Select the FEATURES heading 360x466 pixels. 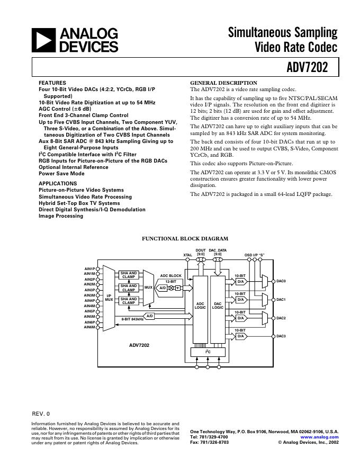(52, 83)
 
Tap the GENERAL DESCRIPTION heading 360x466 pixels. (223, 83)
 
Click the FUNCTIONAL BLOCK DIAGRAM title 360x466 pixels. (185, 239)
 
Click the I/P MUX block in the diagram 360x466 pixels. (109, 298)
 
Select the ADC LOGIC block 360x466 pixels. (200, 306)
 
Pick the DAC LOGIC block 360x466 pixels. (218, 306)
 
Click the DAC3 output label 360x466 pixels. (281, 336)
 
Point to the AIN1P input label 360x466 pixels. (89, 268)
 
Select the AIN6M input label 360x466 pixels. (89, 327)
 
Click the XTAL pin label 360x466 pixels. (187, 255)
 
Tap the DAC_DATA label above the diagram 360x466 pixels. (218, 250)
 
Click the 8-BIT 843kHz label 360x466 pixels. (132, 319)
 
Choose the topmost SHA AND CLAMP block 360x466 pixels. (129, 275)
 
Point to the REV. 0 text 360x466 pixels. (41, 413)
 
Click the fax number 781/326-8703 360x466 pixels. (209, 442)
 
